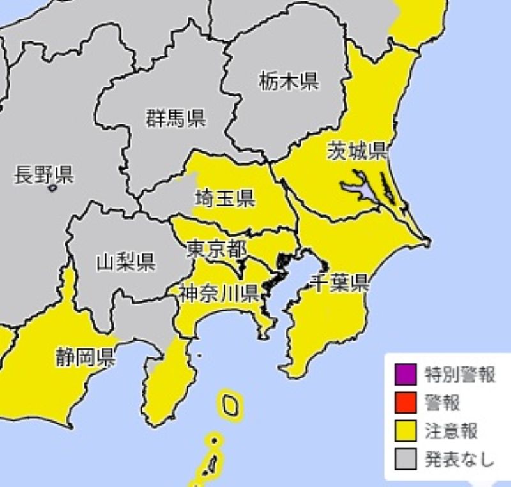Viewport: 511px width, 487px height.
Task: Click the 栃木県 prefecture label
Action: [x=289, y=81]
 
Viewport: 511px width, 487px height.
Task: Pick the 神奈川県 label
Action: [x=218, y=293]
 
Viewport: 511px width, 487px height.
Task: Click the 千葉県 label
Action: [x=339, y=282]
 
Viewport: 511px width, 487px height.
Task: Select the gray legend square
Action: [x=406, y=458]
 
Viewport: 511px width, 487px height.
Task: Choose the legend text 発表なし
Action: [x=460, y=458]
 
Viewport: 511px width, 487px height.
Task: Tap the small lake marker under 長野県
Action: [x=52, y=188]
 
